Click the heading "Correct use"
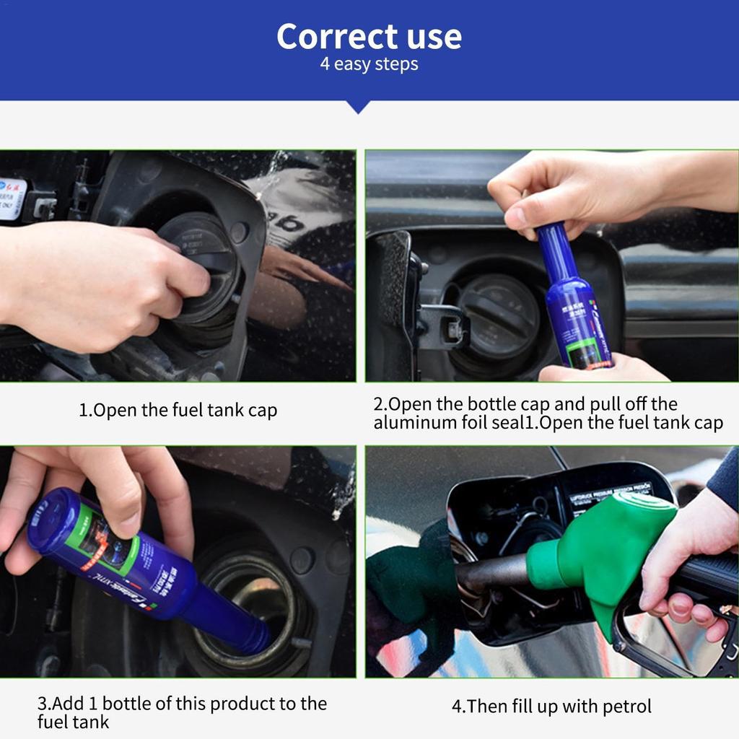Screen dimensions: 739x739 (x=369, y=36)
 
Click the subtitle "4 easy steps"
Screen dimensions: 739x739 (x=369, y=64)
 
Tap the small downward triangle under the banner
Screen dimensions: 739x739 (x=359, y=107)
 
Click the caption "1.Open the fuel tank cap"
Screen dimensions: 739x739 (x=178, y=411)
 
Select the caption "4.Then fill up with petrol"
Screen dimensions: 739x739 (x=551, y=706)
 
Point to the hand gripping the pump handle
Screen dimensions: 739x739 (x=686, y=556)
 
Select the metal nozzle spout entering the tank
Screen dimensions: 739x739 (x=491, y=574)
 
